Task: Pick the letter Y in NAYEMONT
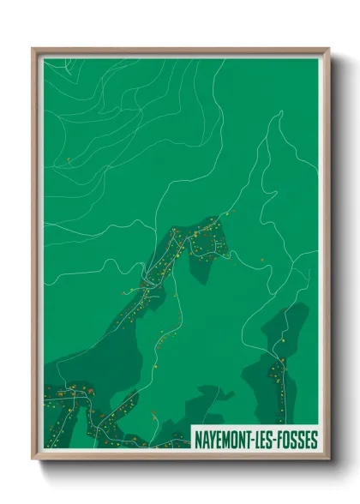[211, 435]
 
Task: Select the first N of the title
[196, 435]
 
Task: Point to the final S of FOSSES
[314, 435]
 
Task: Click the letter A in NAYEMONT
[204, 435]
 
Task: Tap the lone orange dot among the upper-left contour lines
[68, 159]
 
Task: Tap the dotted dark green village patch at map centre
[201, 244]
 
